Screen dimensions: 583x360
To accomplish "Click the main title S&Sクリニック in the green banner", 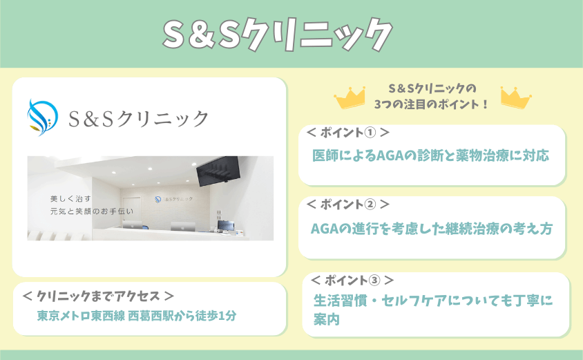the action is (x=278, y=35).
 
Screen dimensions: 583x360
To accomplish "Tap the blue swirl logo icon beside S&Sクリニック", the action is (x=42, y=117).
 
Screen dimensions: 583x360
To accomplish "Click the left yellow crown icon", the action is (x=350, y=98).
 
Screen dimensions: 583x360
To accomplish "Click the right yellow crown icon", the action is (x=516, y=98).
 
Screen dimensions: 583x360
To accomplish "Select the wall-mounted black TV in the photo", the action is (x=218, y=171).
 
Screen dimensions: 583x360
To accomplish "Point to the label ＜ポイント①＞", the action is (x=348, y=133).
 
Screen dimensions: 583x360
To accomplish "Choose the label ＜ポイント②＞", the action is (x=348, y=204).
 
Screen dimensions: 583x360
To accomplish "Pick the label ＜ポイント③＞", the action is (x=352, y=280).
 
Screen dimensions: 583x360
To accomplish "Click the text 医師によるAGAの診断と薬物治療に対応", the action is (x=430, y=155).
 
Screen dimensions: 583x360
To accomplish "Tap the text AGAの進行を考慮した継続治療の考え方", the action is (x=431, y=229).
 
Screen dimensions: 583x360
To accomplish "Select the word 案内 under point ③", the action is (x=327, y=319).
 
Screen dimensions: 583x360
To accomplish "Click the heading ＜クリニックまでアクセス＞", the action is (x=98, y=296).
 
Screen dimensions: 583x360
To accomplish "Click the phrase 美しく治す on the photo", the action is (x=70, y=199).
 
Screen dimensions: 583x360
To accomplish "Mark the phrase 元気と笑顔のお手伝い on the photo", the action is (x=92, y=211).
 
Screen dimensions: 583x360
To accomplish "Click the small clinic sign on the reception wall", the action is (x=174, y=199).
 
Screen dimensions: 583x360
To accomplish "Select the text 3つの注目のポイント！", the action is (x=431, y=104).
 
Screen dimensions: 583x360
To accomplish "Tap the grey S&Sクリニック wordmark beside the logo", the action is (x=138, y=119).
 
